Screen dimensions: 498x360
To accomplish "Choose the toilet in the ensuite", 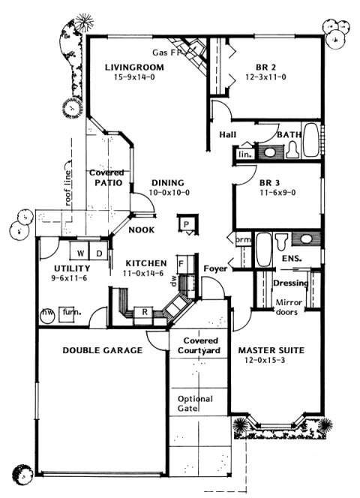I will point(281,241).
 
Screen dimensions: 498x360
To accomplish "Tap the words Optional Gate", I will point(195,404).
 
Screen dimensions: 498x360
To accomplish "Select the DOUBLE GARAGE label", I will point(102,350).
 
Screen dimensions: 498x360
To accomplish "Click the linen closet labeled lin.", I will point(244,154).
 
